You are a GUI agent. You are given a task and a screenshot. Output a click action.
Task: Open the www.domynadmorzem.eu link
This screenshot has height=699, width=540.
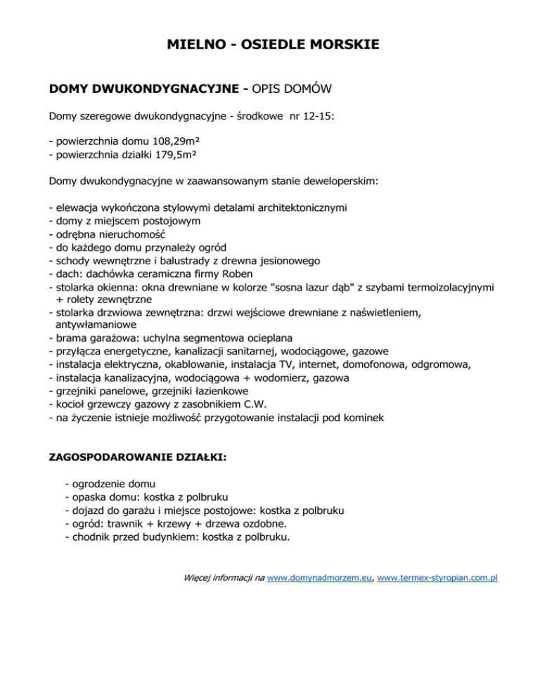pyautogui.click(x=321, y=578)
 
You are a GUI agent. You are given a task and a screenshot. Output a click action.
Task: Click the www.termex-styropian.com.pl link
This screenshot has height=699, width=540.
pyautogui.click(x=438, y=578)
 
